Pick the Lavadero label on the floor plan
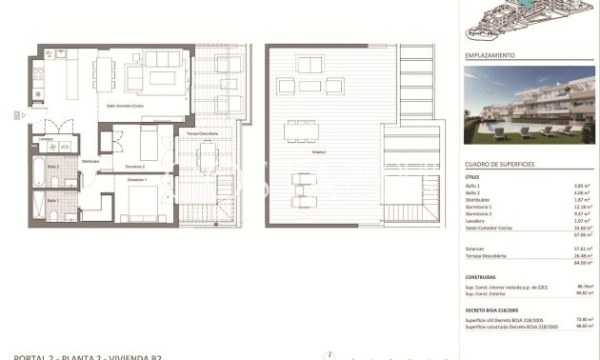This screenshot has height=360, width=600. [x=45, y=139]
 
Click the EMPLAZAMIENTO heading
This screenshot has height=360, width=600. [x=490, y=56]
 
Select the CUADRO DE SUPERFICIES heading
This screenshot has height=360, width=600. [x=499, y=164]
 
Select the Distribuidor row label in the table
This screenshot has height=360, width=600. [x=481, y=200]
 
